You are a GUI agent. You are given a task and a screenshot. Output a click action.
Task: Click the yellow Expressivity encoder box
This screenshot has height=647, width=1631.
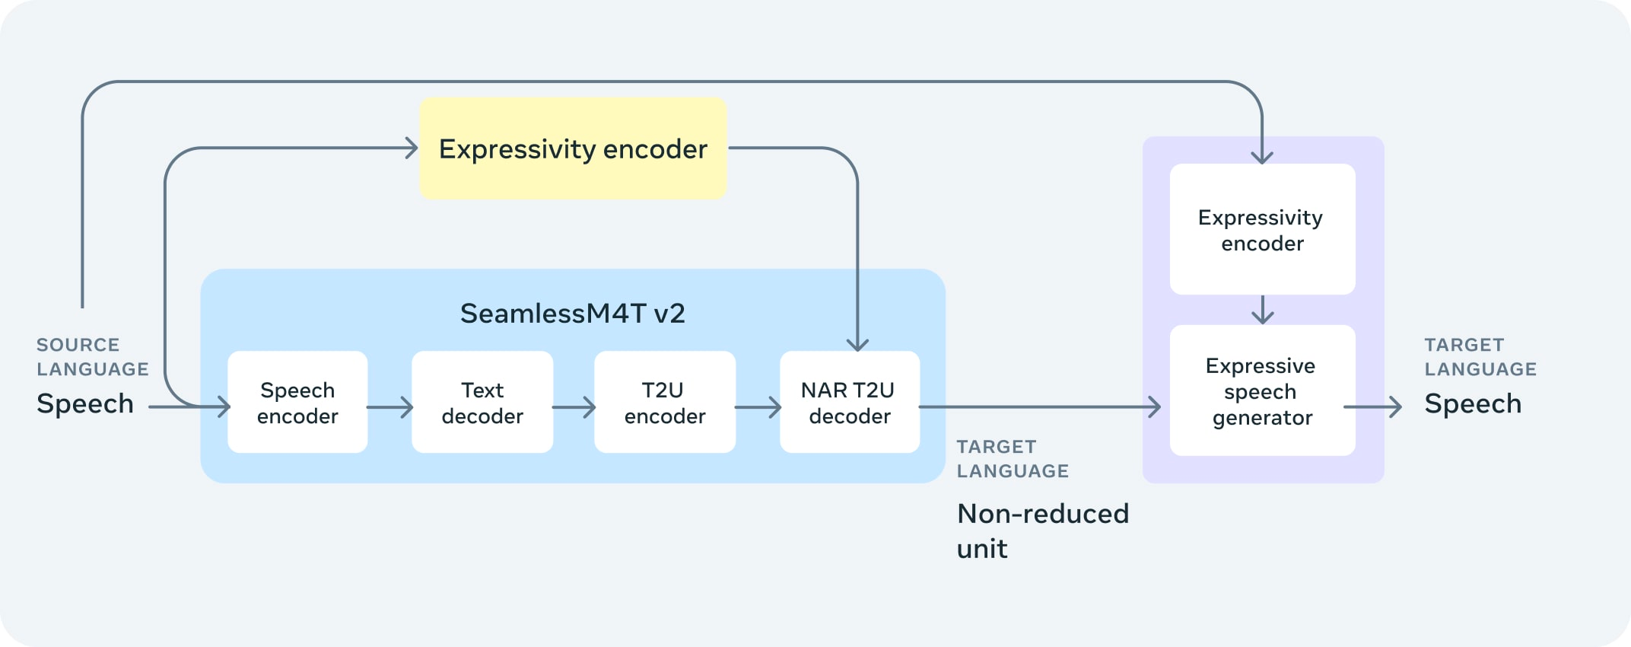click(573, 148)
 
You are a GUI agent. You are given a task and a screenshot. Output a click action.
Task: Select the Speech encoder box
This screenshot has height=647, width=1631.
click(297, 403)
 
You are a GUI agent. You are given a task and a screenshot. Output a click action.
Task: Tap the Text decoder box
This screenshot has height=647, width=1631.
click(482, 403)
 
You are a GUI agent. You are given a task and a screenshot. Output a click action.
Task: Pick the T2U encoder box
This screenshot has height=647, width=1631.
click(665, 403)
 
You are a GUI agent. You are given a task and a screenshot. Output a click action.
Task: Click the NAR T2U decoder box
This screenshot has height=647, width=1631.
click(850, 403)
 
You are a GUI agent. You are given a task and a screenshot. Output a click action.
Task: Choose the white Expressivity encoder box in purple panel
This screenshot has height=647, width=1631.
click(1262, 230)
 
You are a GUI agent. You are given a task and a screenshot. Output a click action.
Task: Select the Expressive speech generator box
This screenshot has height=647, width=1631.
click(1262, 391)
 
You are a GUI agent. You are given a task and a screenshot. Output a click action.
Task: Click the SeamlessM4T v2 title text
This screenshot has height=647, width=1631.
click(572, 313)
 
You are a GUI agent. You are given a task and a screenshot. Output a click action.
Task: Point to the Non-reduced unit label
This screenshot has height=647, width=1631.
click(1042, 531)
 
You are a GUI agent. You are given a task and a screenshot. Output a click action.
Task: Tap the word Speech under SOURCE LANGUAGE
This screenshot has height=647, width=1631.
click(85, 403)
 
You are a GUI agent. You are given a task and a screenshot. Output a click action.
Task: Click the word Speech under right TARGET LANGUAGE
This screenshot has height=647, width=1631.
click(1473, 403)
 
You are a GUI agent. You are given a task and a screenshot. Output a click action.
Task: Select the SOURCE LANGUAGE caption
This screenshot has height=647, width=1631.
click(93, 357)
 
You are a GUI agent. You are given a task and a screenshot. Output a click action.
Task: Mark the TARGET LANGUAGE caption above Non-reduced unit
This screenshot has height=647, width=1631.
click(1013, 459)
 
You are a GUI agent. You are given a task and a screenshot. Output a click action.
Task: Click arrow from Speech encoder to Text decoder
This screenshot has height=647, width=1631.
click(389, 407)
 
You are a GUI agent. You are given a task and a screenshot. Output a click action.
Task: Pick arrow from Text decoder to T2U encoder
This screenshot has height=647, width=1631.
click(574, 407)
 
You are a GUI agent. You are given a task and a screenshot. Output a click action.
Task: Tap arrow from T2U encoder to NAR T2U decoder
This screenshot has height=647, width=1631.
click(758, 407)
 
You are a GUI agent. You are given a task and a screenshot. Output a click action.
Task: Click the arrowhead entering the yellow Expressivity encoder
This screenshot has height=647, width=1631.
click(412, 148)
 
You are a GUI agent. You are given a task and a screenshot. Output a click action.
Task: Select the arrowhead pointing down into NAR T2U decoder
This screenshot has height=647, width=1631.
click(857, 344)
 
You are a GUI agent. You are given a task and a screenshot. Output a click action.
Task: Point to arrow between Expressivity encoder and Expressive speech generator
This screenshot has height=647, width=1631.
click(1263, 311)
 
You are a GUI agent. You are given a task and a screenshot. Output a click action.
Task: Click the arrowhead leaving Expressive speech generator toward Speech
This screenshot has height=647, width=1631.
click(1395, 407)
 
